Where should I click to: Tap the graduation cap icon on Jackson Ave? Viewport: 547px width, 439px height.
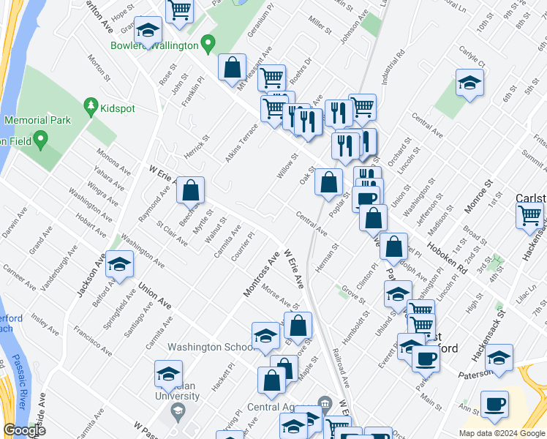click(x=119, y=266)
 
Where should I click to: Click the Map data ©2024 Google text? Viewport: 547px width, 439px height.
click(x=502, y=433)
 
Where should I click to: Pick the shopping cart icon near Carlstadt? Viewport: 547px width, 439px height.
click(x=530, y=216)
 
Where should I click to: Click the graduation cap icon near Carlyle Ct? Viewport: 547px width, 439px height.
click(x=469, y=83)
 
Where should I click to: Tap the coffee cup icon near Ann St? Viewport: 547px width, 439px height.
click(x=495, y=404)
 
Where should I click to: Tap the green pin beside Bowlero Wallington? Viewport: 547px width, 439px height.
click(x=208, y=45)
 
